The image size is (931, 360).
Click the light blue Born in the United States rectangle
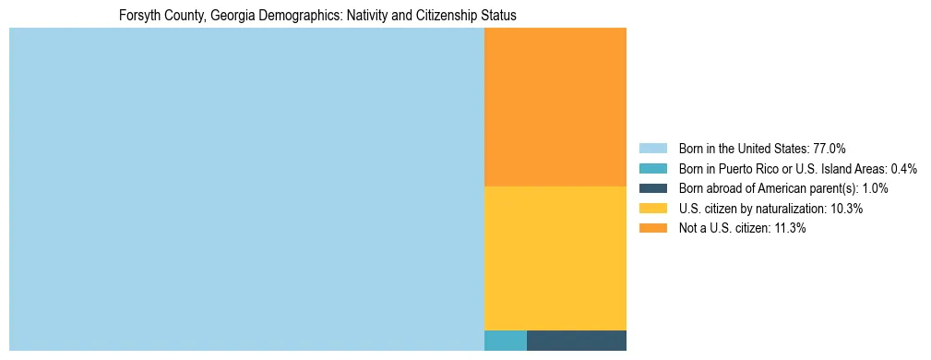tap(246, 189)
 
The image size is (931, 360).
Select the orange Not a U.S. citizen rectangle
tap(555, 107)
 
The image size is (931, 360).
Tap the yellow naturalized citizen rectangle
tap(555, 258)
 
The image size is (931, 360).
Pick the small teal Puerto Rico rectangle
tap(506, 340)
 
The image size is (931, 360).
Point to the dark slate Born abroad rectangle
tap(576, 340)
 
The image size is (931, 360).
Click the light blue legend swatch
tap(652, 148)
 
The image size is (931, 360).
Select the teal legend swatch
tap(652, 168)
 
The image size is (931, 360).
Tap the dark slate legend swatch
tap(652, 188)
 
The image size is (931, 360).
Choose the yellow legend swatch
tap(652, 209)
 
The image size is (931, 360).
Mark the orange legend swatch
tap(652, 229)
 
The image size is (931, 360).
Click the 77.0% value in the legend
tap(830, 148)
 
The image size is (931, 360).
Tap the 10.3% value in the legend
tap(846, 209)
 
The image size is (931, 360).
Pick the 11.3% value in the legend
tap(789, 229)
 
